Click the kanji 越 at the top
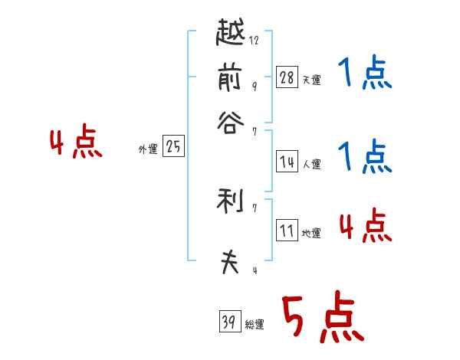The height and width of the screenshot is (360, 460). pyautogui.click(x=231, y=33)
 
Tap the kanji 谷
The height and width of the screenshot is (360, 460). pyautogui.click(x=230, y=123)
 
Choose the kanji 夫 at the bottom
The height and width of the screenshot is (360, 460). pyautogui.click(x=230, y=263)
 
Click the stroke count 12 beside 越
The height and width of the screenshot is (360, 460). pyautogui.click(x=255, y=41)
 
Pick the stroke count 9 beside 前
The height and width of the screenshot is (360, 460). pyautogui.click(x=254, y=86)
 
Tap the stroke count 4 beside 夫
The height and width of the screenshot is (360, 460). pyautogui.click(x=254, y=270)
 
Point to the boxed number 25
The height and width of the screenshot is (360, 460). pyautogui.click(x=173, y=147)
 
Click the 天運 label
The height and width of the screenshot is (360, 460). pyautogui.click(x=311, y=80)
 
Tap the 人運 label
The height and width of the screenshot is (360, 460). pyautogui.click(x=311, y=164)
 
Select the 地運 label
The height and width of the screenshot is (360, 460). pyautogui.click(x=311, y=234)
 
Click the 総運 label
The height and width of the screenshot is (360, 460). pyautogui.click(x=255, y=325)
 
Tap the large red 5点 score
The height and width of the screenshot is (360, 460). pyautogui.click(x=323, y=319)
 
